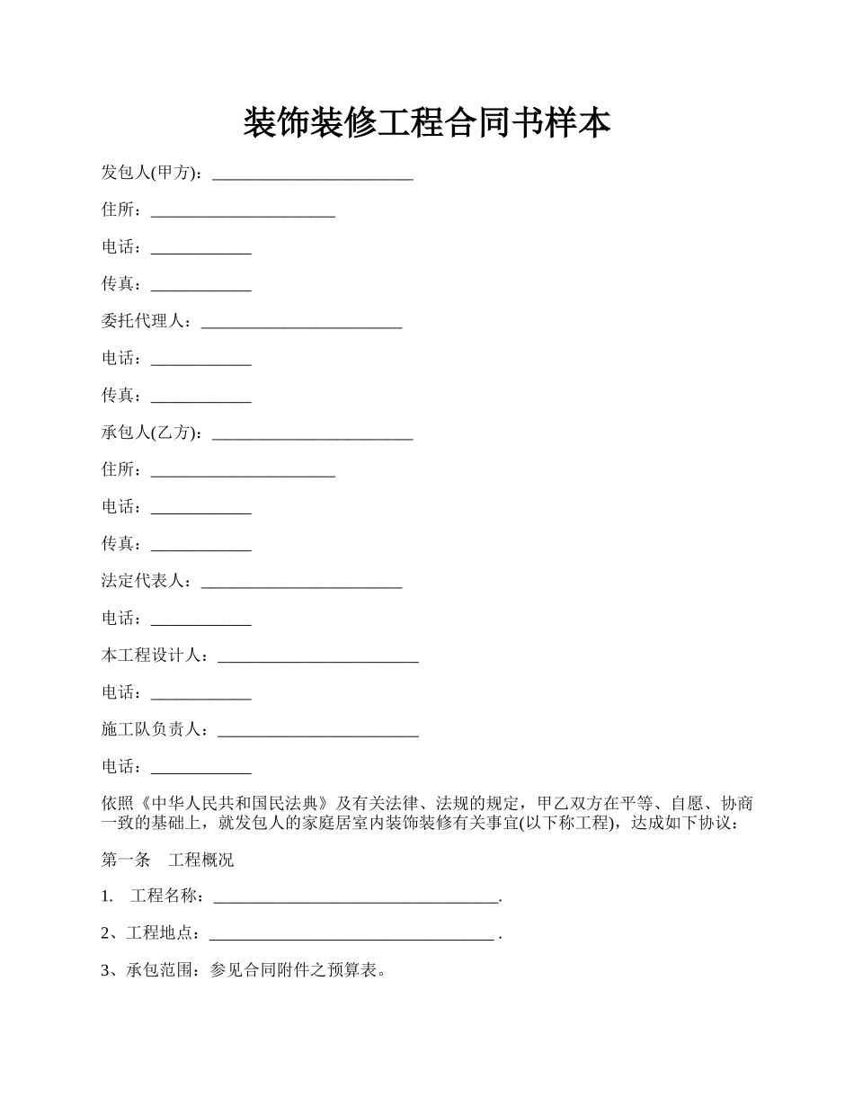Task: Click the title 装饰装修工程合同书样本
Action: pos(426,123)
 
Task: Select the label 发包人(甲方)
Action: pos(151,173)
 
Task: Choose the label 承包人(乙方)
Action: pos(151,433)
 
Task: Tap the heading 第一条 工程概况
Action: pos(167,860)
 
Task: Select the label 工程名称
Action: pos(167,896)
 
